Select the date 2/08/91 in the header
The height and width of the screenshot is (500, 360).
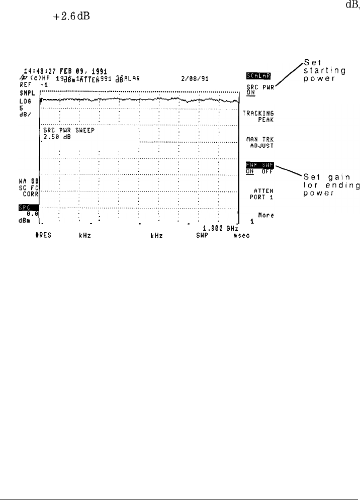[x=196, y=78]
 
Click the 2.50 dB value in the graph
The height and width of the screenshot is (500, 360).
[x=57, y=136]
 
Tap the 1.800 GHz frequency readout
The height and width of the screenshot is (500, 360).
[x=219, y=227]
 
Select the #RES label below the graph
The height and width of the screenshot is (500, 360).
[x=52, y=234]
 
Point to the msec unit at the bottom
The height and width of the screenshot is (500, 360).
[x=234, y=234]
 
